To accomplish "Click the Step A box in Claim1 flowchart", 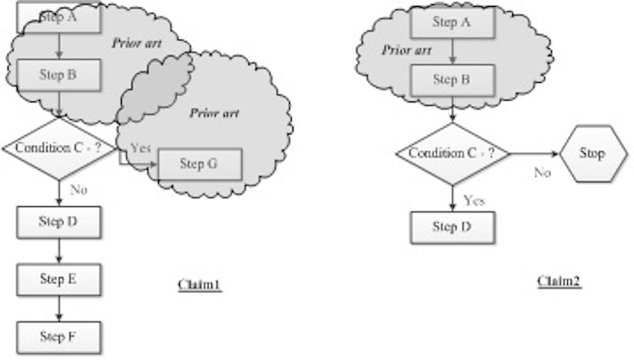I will pos(58,15).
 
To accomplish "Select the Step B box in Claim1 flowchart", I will pos(58,74).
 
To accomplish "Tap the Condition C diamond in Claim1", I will pos(58,148).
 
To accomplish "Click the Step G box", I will pos(199,163).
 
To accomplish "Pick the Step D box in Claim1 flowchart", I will pos(58,221).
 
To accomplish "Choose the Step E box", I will pos(58,279).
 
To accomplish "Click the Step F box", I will pos(58,336).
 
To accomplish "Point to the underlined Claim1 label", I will pos(199,286).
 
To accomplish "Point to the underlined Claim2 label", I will pos(560,281).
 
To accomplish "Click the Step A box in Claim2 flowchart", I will pos(451,23).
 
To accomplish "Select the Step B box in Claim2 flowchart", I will pos(451,80).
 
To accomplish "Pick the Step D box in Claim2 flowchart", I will pos(451,226).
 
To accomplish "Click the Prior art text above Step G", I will pos(212,112).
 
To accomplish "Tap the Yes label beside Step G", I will pos(139,148).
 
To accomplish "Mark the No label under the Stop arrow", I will pos(542,172).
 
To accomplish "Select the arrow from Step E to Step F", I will pos(58,308).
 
